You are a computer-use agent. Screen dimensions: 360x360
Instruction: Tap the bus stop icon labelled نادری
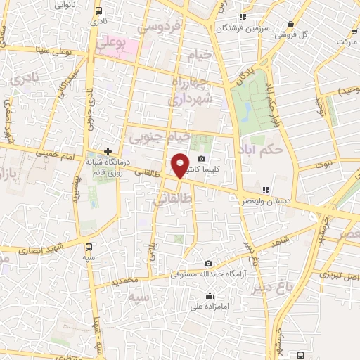(x=98, y=11)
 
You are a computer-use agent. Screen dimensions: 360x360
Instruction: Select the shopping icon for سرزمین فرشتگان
(x=243, y=17)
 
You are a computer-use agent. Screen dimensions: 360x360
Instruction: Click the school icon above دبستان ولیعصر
(x=266, y=189)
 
